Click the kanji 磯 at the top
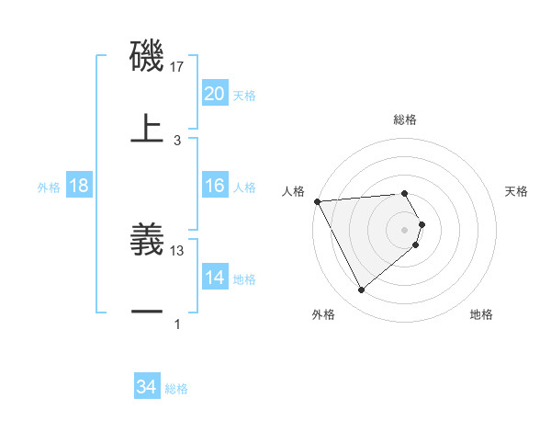pos(147,57)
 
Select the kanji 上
pos(147,128)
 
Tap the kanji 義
pos(147,240)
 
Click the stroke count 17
pos(177,66)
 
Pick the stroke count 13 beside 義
pos(177,250)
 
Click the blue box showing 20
pos(214,94)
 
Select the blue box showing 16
pos(214,186)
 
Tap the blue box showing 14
pos(214,278)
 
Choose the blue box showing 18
pos(78,186)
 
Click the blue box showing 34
pos(146,388)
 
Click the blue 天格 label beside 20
pos(244,96)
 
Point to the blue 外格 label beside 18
pos(49,188)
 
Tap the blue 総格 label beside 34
pos(176,390)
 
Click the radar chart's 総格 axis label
pos(405,119)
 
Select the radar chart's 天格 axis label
pos(517,191)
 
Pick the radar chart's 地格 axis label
pos(481,315)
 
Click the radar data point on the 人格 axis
pos(316,201)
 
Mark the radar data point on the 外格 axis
pos(361,290)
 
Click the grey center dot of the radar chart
pos(405,229)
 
